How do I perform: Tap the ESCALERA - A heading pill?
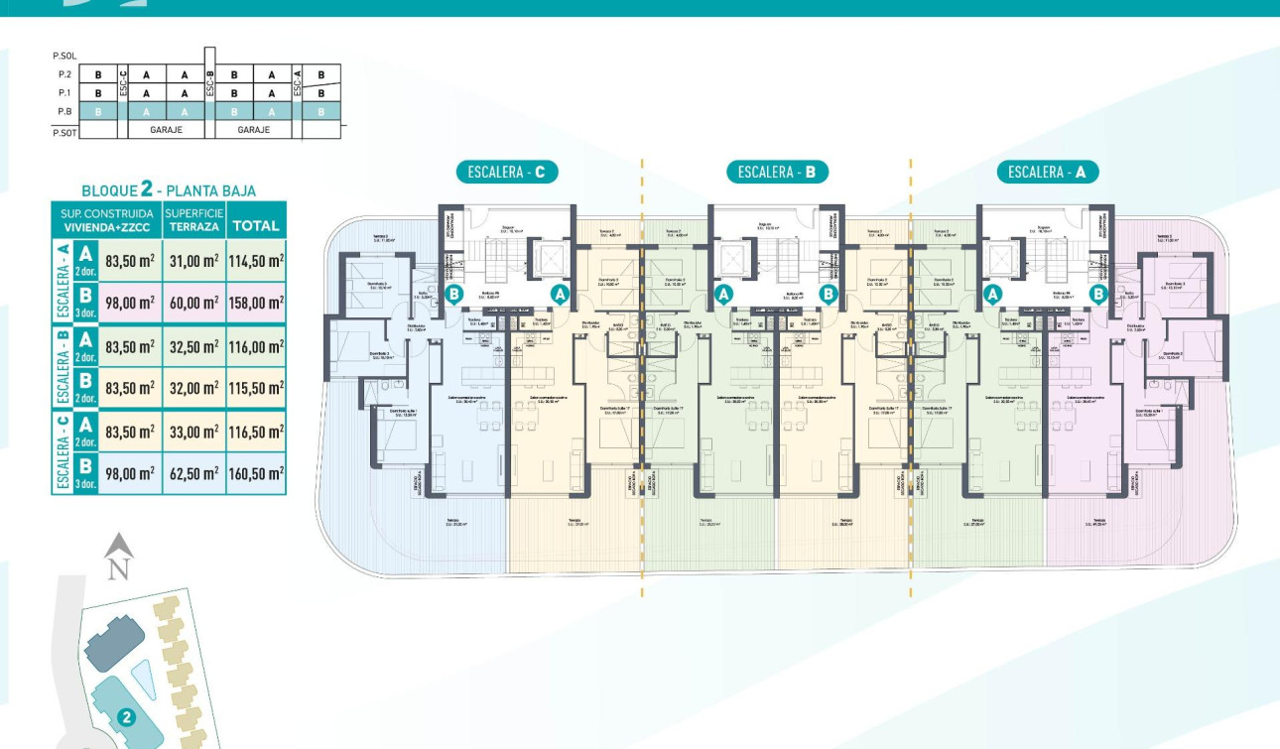1048,172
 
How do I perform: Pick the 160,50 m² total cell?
256,474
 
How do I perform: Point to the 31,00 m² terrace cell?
195,261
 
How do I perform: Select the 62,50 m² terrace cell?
194,474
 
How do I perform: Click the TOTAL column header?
256,225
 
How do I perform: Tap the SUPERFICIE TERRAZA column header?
194,219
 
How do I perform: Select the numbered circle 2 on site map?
126,717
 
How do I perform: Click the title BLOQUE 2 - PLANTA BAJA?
169,189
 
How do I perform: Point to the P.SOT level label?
64,131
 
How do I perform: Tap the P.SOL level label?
64,57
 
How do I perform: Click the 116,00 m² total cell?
256,346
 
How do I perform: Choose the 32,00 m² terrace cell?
195,389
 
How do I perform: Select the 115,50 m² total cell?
256,389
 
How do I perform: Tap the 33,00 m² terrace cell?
195,432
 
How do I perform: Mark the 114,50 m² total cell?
256,261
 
